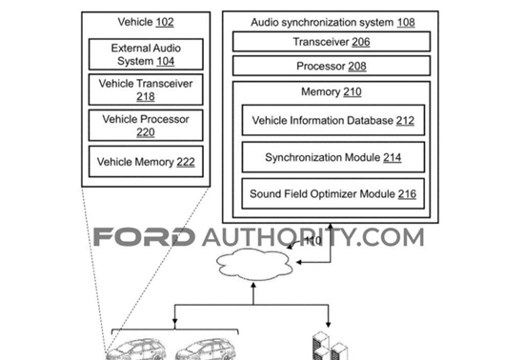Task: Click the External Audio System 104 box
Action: click(x=146, y=54)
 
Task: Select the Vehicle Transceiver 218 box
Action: click(x=146, y=90)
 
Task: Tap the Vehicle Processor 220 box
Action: click(x=146, y=125)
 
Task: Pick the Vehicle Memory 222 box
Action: click(x=146, y=161)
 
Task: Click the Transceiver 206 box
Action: click(x=332, y=41)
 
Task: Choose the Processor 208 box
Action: click(x=332, y=66)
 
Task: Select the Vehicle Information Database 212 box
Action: click(x=333, y=120)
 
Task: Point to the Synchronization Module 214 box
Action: click(x=333, y=157)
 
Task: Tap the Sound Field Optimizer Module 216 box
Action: click(x=333, y=193)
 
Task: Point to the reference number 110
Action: click(x=312, y=240)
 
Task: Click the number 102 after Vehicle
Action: click(x=165, y=22)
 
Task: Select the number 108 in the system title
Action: click(x=406, y=22)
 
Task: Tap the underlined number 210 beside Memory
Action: click(x=353, y=91)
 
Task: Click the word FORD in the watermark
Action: click(x=144, y=237)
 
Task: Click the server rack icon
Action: click(x=330, y=346)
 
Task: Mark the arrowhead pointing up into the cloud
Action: click(x=253, y=286)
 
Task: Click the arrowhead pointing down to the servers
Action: click(x=328, y=324)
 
